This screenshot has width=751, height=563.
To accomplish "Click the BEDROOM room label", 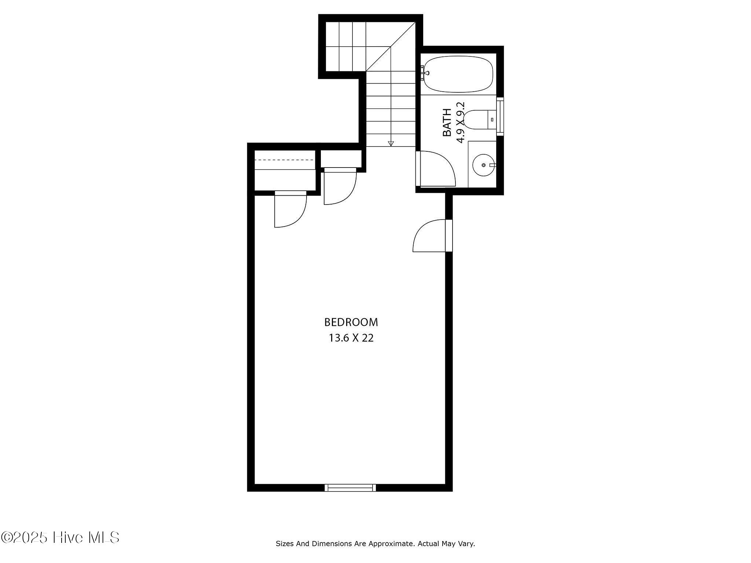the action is click(x=351, y=322).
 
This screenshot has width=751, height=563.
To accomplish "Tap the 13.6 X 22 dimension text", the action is click(x=351, y=338).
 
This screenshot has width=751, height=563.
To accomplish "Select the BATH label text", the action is click(x=447, y=122).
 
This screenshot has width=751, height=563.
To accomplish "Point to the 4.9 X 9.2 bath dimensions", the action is click(x=460, y=122).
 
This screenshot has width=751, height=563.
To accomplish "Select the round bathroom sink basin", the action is click(x=483, y=165).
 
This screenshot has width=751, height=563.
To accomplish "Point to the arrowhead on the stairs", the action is click(x=391, y=144).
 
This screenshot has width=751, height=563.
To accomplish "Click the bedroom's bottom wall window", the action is click(x=351, y=487).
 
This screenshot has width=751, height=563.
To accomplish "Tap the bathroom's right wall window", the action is click(x=500, y=116).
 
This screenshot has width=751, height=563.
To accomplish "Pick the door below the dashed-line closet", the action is click(x=290, y=209).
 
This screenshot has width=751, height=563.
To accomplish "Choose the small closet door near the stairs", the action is click(x=340, y=186).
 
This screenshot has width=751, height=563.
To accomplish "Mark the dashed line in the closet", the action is click(x=285, y=160).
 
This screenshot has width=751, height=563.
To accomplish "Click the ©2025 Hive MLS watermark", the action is click(x=60, y=538).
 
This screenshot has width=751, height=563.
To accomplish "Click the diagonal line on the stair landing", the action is click(x=391, y=46).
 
